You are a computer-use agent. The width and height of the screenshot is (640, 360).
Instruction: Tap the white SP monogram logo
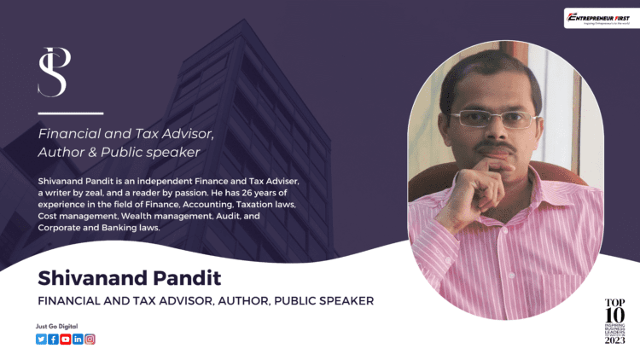point(54,72)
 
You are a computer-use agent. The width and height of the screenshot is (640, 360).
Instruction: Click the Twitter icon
point(41,339)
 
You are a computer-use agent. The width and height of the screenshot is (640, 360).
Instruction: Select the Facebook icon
point(53,339)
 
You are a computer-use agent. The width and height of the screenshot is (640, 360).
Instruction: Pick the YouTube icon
point(66,339)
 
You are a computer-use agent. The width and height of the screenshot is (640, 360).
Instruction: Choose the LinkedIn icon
point(78,339)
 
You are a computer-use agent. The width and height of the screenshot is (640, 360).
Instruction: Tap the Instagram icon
point(90,339)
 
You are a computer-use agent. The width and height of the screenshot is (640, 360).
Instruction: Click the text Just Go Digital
point(54,326)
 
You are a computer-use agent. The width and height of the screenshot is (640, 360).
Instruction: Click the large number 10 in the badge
point(614,315)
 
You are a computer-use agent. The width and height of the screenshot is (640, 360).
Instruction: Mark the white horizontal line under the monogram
point(71,113)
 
